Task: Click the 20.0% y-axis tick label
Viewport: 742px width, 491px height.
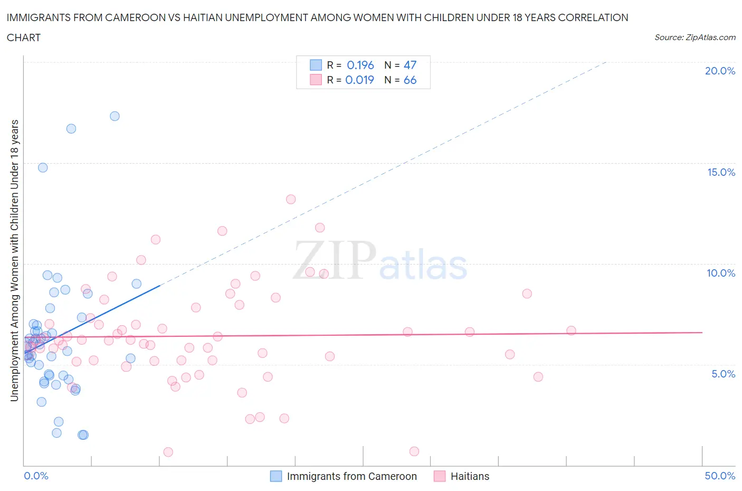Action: (x=720, y=71)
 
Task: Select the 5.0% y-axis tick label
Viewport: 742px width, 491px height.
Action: (x=723, y=374)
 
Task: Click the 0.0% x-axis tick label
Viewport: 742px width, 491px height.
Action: (x=36, y=476)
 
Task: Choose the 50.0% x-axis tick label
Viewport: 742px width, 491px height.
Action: (x=720, y=476)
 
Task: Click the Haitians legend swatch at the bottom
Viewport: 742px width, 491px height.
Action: (x=439, y=476)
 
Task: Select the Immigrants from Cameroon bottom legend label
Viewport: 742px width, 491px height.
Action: (x=351, y=476)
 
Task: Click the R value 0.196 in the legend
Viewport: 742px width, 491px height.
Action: (x=360, y=65)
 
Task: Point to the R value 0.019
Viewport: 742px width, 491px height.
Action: (x=359, y=80)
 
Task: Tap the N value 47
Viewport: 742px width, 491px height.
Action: (x=410, y=65)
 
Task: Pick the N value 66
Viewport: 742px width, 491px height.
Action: (x=410, y=80)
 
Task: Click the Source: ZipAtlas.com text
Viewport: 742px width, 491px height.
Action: (x=695, y=37)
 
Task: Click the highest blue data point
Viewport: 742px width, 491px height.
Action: (x=115, y=116)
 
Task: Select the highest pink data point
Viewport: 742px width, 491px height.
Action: (x=291, y=199)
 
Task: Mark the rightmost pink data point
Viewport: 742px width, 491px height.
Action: (x=571, y=331)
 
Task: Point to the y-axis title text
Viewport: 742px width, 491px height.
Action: (x=14, y=260)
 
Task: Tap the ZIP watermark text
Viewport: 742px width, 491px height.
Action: (x=334, y=260)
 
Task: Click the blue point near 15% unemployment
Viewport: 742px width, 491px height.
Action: (x=43, y=167)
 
